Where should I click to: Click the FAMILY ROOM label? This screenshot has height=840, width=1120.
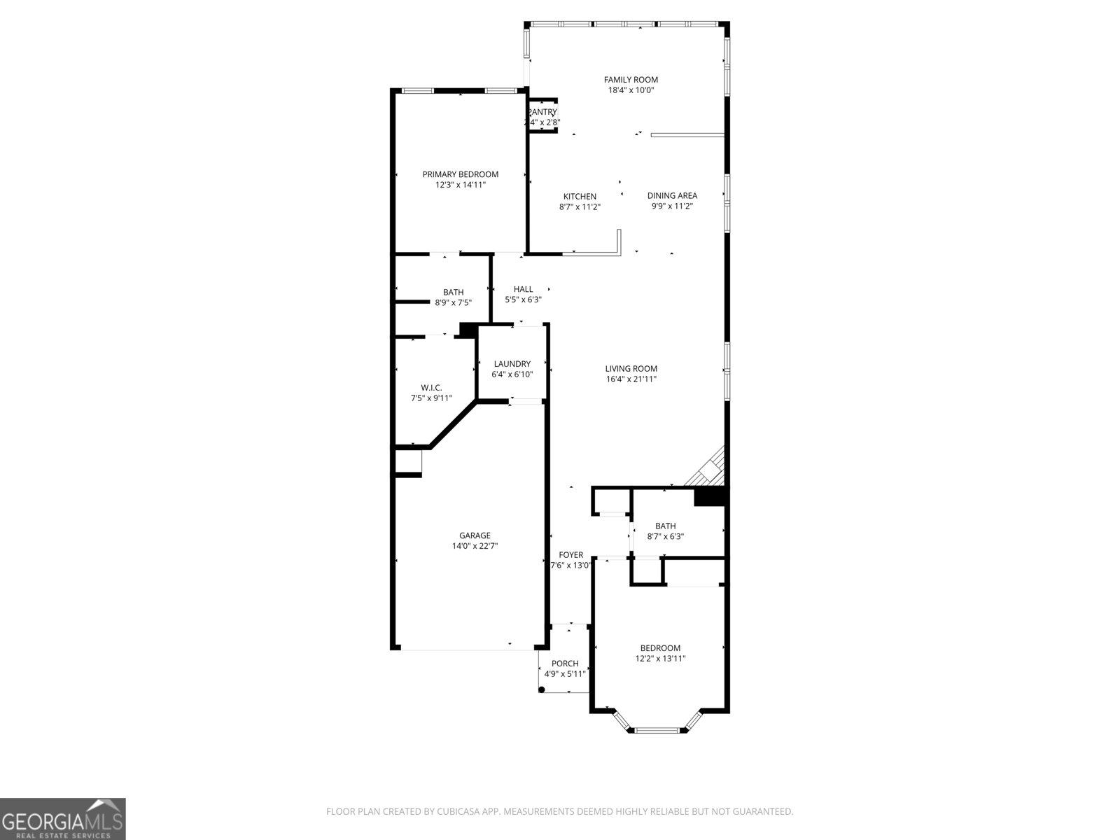(631, 80)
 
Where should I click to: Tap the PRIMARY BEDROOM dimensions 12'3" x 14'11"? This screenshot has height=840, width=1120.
(460, 185)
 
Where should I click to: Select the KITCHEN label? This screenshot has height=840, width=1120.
(580, 197)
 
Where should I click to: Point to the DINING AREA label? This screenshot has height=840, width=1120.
(672, 195)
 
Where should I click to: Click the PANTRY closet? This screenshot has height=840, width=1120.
(542, 116)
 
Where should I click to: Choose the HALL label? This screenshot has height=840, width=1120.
(523, 289)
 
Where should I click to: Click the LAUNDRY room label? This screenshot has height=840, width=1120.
(512, 364)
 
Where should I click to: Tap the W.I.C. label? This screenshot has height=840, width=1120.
(431, 388)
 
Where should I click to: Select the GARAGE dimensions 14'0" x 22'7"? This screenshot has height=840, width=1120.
(475, 546)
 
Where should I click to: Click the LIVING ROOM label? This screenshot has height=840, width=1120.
(631, 369)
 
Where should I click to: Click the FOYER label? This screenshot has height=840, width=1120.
(570, 555)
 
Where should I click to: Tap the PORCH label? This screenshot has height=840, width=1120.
(565, 664)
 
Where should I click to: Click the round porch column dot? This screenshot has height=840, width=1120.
(542, 689)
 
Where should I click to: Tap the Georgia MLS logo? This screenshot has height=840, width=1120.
(62, 819)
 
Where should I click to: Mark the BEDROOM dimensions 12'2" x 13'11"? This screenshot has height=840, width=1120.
(660, 659)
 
